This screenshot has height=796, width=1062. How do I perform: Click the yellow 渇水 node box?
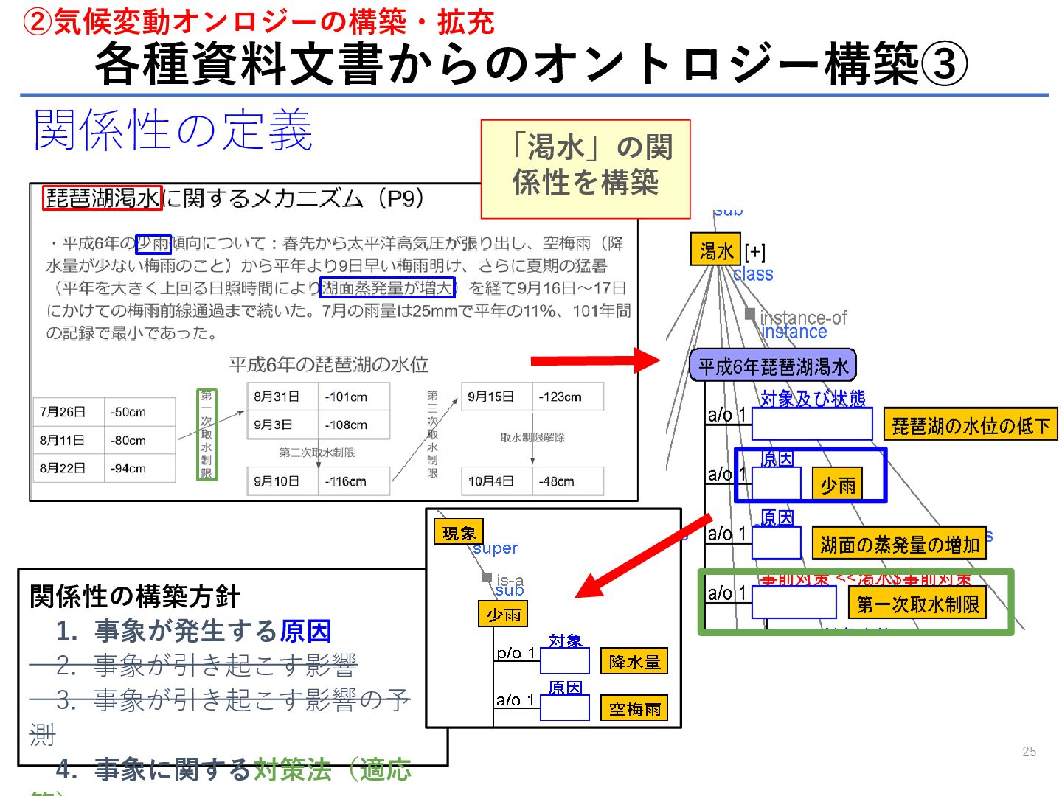tap(715, 251)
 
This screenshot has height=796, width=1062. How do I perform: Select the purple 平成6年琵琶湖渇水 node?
tap(772, 366)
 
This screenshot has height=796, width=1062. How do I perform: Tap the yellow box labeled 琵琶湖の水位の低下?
tap(970, 425)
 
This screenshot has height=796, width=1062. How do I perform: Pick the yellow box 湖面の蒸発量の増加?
tap(899, 545)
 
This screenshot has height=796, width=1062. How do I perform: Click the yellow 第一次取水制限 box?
tap(917, 604)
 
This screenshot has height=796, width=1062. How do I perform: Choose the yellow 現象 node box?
tap(459, 532)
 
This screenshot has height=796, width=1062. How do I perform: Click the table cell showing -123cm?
tap(566, 397)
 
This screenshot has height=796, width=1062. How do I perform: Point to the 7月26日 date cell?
tap(66, 412)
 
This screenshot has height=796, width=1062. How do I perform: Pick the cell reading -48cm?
tap(566, 481)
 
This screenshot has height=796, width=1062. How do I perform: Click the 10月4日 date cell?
tap(495, 481)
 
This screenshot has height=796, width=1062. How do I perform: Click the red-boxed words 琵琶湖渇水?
tap(103, 198)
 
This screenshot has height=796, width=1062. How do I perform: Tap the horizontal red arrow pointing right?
tap(594, 360)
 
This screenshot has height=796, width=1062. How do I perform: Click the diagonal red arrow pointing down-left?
tap(642, 556)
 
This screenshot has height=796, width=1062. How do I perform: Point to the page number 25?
tap(1029, 752)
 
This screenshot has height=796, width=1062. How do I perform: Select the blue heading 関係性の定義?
tap(173, 130)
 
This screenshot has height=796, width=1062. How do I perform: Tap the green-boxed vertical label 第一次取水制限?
tap(207, 434)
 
